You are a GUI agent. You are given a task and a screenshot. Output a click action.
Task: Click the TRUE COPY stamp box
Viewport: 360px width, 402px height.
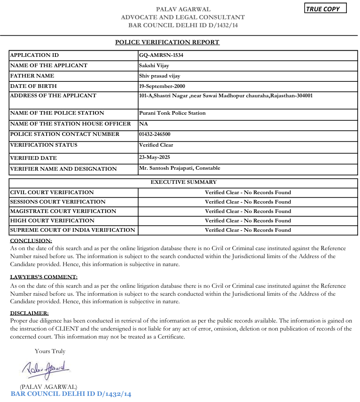point(325,8)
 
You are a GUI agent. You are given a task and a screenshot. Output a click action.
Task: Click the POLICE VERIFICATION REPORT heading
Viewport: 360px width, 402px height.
point(167,42)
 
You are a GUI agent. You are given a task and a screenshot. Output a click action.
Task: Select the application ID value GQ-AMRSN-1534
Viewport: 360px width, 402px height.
point(161,55)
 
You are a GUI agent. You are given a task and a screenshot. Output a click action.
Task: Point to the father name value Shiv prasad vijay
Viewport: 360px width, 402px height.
point(160,76)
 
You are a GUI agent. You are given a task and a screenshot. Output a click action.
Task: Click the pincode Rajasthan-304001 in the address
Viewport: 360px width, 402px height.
point(291,95)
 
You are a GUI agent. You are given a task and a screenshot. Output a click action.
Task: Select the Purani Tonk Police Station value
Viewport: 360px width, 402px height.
point(172,113)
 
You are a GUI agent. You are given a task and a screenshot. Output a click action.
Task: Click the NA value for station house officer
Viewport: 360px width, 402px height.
point(143,124)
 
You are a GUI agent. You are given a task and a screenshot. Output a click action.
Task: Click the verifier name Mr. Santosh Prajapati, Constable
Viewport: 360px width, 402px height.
point(180,168)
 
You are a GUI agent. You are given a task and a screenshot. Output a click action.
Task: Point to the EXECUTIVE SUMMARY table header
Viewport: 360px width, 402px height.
point(183,182)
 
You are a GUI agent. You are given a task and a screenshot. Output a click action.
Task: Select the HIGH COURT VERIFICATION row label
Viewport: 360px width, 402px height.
point(52,221)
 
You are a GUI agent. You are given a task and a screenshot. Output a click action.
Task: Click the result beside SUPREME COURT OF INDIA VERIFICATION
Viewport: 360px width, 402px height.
point(248,230)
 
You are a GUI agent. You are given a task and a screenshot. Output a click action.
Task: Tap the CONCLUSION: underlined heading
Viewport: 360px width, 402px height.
point(31,241)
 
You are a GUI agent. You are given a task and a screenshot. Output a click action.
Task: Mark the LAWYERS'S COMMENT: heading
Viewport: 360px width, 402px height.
point(44,277)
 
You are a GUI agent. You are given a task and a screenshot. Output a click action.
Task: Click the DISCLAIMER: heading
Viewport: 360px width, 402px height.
point(29,313)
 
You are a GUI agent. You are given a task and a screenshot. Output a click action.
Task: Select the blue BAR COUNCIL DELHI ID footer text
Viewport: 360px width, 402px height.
point(71,394)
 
